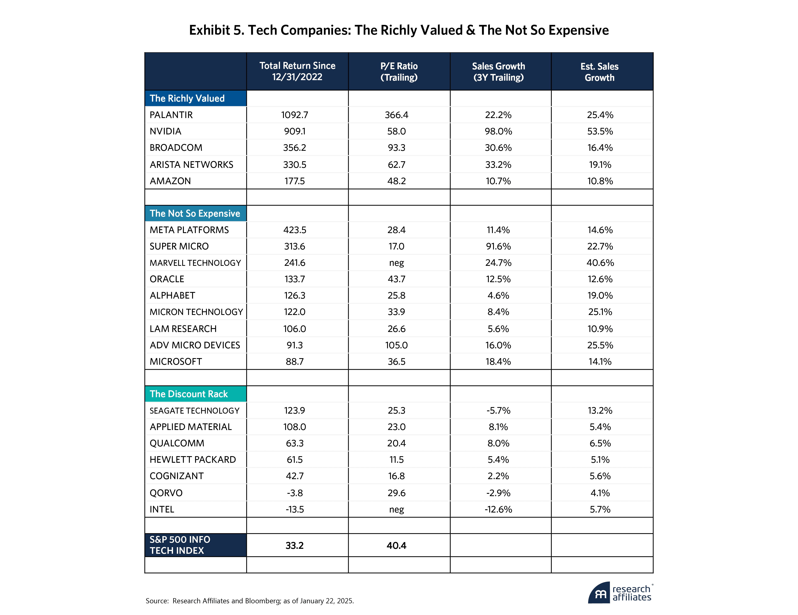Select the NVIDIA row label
[166, 131]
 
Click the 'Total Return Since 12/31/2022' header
[297, 72]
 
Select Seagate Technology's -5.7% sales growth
[498, 410]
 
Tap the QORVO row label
[166, 493]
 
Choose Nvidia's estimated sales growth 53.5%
[600, 131]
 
